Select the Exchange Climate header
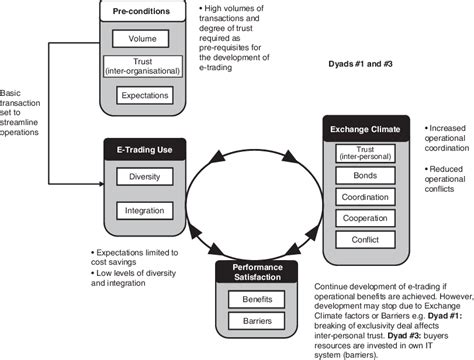(x=367, y=128)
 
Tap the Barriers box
(x=251, y=321)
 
